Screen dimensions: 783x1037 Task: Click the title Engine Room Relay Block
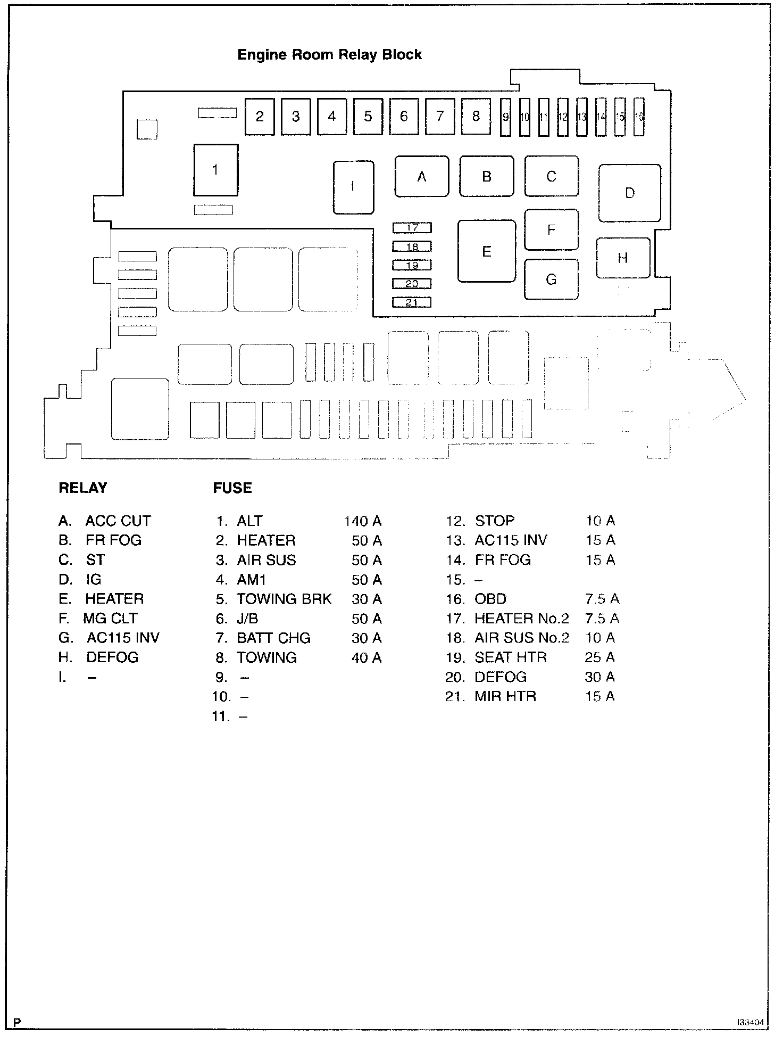[x=329, y=55]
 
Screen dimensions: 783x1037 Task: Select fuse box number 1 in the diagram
[x=215, y=170]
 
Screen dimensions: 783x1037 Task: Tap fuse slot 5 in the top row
[x=368, y=117]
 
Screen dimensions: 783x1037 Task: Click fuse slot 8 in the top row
[x=476, y=117]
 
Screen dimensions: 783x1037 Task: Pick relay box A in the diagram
[x=422, y=177]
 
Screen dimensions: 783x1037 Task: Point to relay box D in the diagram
[x=630, y=193]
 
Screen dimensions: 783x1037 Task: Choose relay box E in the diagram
[x=487, y=251]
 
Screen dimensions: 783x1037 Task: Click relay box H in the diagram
[x=623, y=258]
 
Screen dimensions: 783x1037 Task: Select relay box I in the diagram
[x=353, y=187]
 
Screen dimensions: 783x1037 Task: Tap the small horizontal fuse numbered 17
[x=412, y=228]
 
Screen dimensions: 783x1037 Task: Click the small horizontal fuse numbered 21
[x=412, y=302]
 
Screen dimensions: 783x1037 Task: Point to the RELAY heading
[x=83, y=488]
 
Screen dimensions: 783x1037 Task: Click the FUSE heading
[x=232, y=488]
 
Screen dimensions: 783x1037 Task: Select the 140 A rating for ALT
[x=363, y=521]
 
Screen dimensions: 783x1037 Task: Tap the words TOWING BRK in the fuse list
[x=284, y=599]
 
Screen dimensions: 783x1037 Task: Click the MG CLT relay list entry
[x=110, y=619]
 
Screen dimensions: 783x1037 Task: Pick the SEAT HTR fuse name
[x=511, y=657]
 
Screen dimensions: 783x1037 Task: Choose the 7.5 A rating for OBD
[x=602, y=599]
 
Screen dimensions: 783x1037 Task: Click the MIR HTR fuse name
[x=505, y=696]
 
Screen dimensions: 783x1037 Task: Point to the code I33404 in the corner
[x=751, y=1023]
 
